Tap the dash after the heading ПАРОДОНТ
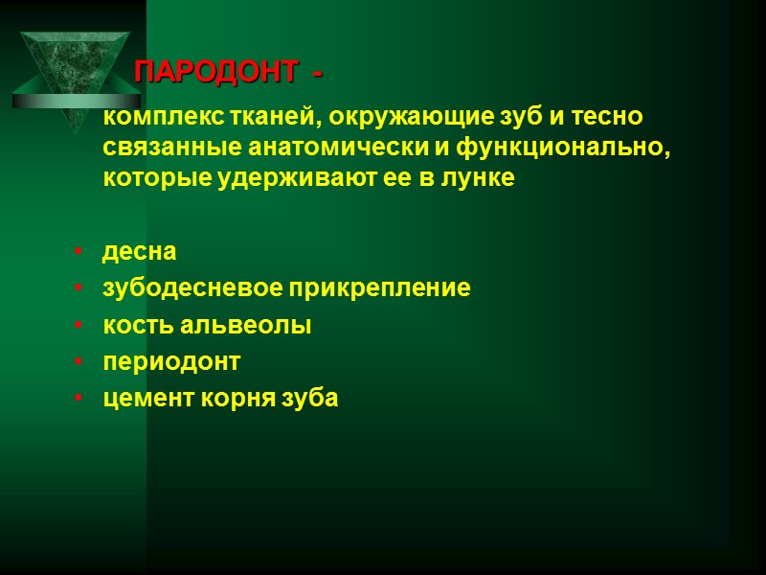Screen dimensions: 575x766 coord(317,73)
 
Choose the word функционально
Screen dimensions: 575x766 coord(545,149)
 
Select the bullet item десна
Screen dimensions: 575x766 coord(140,252)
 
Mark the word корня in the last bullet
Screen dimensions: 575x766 coord(234,399)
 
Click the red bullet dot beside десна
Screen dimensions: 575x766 coord(77,253)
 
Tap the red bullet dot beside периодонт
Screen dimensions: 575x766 coord(77,363)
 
